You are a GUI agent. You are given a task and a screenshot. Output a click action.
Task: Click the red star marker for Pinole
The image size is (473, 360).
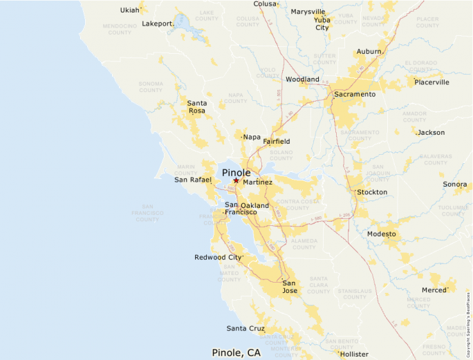[236, 180]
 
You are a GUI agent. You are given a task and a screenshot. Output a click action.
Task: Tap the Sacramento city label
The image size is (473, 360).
[355, 94]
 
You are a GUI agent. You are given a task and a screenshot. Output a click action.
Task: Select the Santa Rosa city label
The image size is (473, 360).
[197, 106]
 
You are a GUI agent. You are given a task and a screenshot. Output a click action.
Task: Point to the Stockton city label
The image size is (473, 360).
[372, 192]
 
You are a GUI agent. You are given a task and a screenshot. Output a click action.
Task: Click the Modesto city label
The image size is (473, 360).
[382, 234]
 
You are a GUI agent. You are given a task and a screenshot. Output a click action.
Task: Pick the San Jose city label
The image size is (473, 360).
[289, 287]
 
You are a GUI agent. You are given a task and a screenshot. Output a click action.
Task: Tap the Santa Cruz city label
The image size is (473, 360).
[245, 328]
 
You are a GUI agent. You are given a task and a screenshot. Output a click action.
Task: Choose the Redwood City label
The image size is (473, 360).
[218, 257]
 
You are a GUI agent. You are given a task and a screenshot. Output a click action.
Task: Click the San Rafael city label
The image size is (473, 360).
[193, 180]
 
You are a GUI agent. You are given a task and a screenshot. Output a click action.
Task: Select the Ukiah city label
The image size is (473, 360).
[129, 10]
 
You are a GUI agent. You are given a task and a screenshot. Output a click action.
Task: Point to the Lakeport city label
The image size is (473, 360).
[157, 23]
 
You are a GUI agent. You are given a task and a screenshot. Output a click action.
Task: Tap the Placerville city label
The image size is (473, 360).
[432, 82]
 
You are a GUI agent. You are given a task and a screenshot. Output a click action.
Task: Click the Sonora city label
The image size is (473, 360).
[455, 184]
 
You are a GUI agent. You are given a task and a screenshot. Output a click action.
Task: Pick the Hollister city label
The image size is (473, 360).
[354, 354]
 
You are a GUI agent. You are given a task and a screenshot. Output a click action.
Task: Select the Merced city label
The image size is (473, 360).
[434, 290]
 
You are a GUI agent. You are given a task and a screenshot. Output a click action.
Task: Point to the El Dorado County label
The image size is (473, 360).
[421, 67]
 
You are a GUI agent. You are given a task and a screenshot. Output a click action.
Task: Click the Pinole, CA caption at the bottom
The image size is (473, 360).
[236, 352]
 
